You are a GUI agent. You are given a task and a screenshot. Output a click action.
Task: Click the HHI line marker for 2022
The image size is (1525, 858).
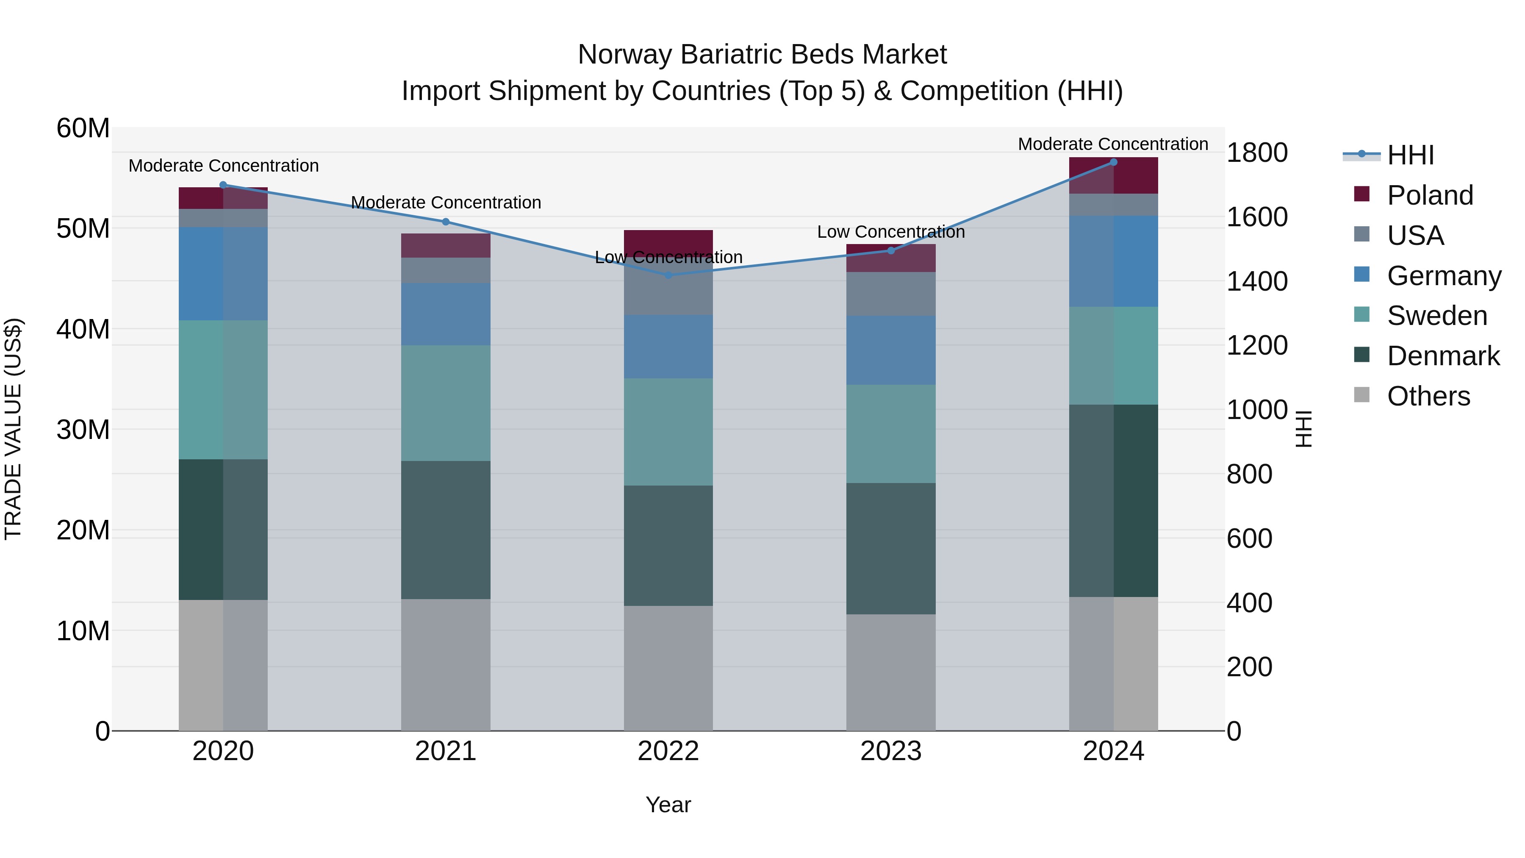pos(668,275)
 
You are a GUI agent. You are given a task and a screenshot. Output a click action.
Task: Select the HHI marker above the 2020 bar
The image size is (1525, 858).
pos(223,185)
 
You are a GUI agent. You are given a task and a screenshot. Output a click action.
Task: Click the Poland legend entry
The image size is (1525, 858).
pos(1430,195)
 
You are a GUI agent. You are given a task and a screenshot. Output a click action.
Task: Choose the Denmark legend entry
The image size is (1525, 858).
pos(1443,356)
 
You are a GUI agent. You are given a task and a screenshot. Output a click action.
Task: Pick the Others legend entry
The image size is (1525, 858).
pos(1428,396)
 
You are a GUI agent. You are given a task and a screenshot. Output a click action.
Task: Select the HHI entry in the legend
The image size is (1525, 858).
pos(1410,155)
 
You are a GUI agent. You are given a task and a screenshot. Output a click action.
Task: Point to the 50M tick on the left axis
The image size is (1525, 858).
pos(83,228)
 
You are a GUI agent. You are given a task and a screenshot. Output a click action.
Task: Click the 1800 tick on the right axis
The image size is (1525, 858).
pos(1257,153)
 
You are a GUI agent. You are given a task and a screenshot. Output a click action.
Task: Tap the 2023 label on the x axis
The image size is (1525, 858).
pos(891,751)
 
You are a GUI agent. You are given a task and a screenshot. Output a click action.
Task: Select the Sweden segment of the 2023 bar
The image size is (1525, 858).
pos(891,433)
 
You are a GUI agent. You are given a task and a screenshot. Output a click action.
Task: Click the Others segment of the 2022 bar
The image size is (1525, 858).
pos(668,668)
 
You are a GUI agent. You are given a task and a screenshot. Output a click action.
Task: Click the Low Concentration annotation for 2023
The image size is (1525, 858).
pos(891,231)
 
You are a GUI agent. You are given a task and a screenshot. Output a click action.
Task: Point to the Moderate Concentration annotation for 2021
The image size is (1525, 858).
pos(446,203)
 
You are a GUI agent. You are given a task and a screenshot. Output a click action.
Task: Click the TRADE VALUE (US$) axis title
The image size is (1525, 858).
pos(13,429)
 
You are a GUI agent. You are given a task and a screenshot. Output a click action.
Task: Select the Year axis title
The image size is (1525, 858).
pos(668,805)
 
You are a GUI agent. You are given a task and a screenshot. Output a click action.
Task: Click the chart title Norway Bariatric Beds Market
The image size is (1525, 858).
pos(762,55)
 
